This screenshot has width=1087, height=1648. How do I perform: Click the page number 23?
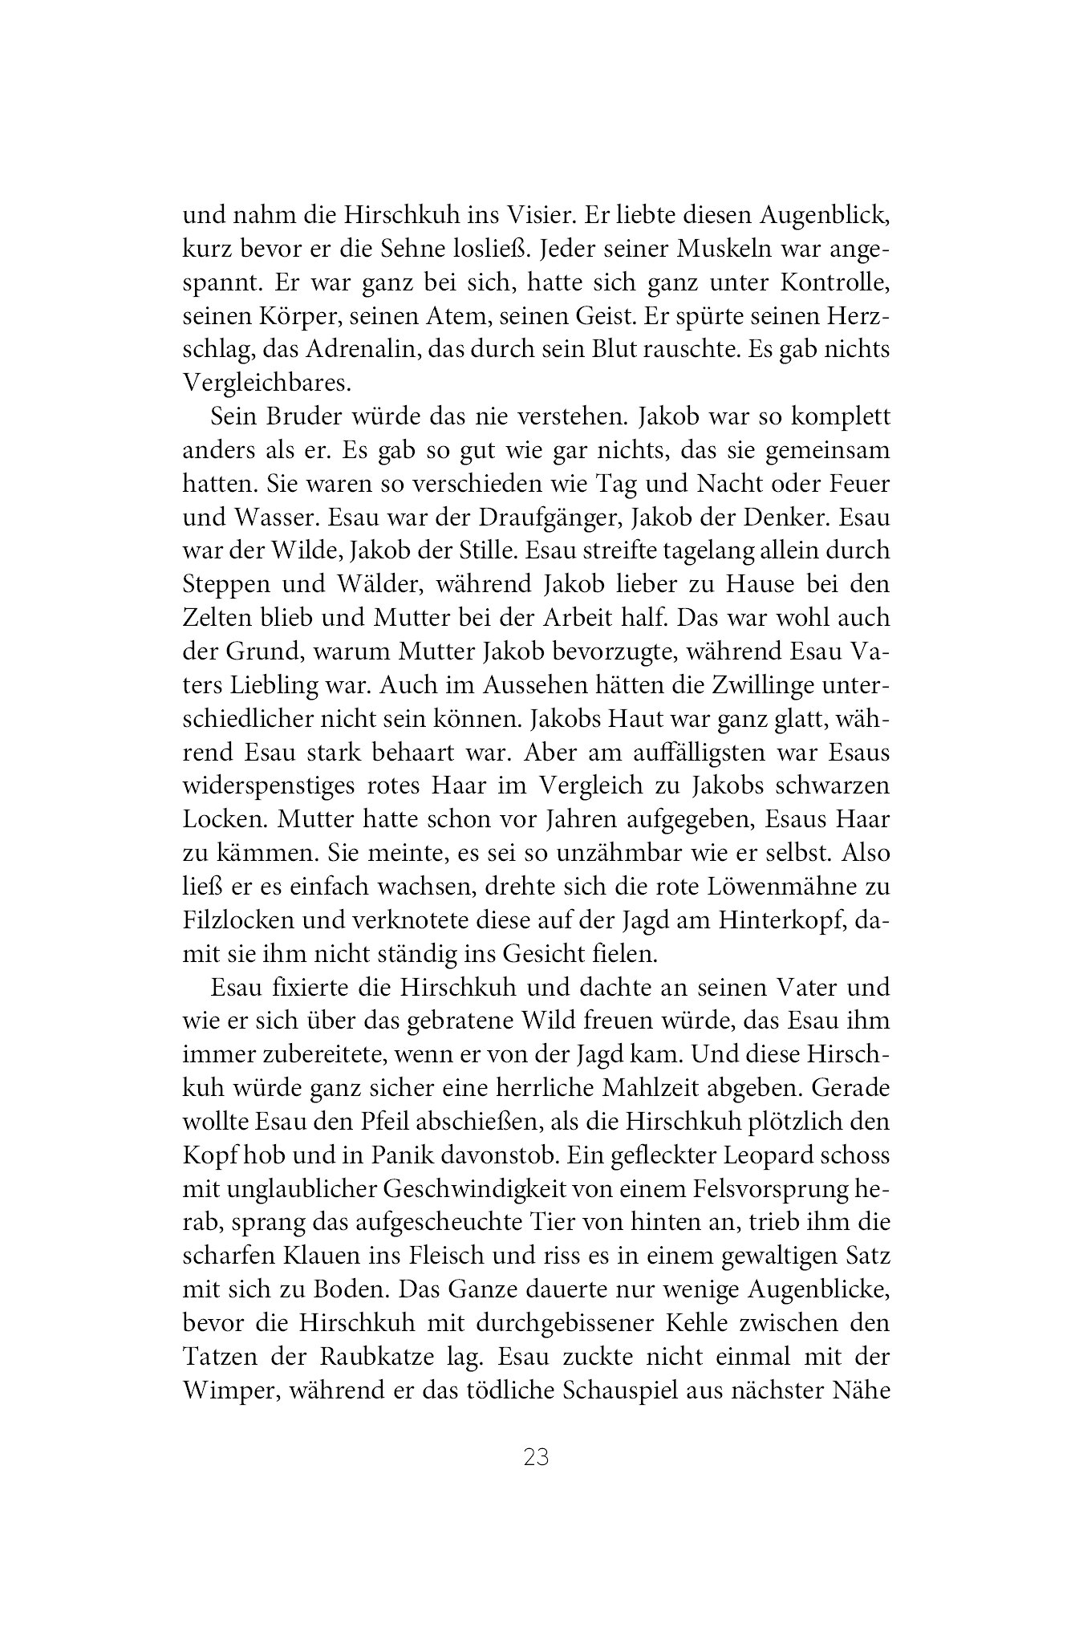tap(535, 1457)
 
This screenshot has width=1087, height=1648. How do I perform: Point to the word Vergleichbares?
tap(267, 384)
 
